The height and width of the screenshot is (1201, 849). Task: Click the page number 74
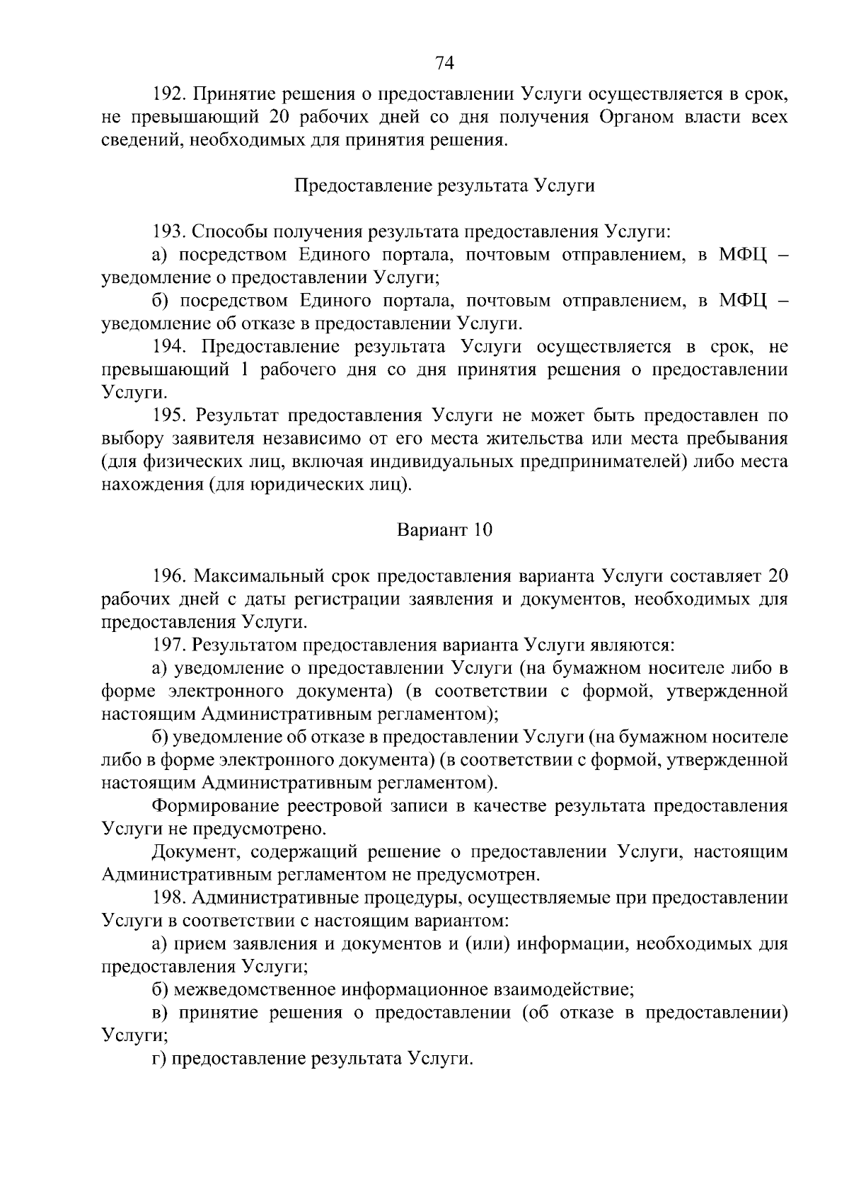click(x=444, y=63)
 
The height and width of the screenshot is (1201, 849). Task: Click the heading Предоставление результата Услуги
click(x=444, y=186)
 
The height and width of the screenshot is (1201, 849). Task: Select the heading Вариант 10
click(x=444, y=530)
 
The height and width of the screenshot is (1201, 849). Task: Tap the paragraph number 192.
click(x=168, y=94)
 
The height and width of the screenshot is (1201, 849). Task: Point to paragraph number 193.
click(x=168, y=232)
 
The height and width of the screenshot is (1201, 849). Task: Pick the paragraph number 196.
click(x=168, y=576)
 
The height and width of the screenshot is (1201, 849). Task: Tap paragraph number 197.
click(x=168, y=645)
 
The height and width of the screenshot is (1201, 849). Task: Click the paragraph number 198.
click(x=168, y=898)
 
